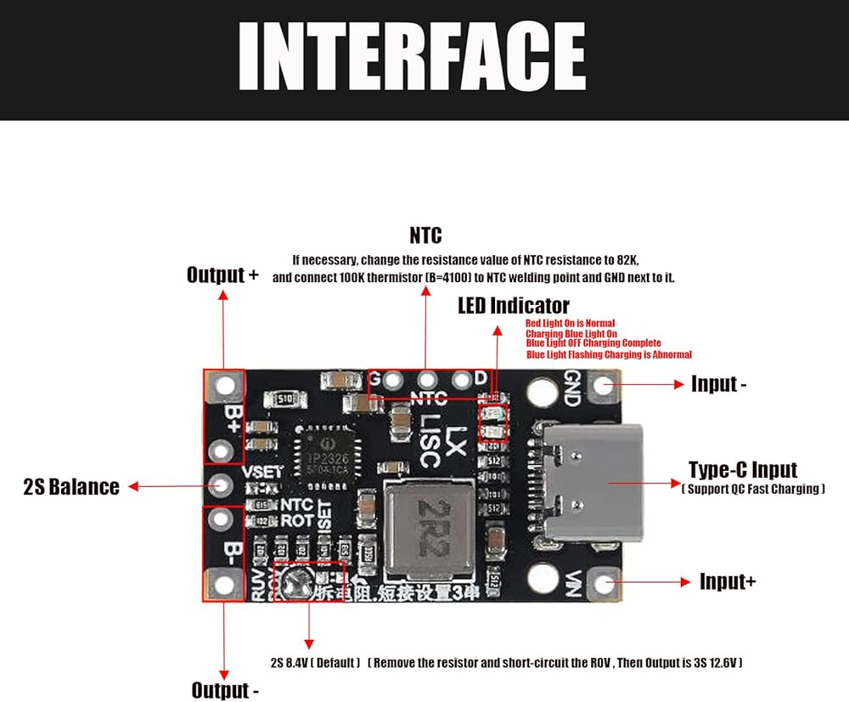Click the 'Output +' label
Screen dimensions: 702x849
click(222, 275)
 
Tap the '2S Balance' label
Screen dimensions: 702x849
click(71, 487)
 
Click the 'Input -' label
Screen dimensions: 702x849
click(718, 384)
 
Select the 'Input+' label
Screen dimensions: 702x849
click(728, 581)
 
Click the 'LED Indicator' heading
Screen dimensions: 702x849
click(514, 305)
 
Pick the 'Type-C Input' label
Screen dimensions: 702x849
click(743, 470)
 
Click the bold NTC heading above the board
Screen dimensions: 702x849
click(425, 235)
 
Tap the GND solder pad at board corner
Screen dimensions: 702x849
click(604, 385)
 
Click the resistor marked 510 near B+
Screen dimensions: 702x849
click(280, 398)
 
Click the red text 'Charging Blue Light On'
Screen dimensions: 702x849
click(571, 334)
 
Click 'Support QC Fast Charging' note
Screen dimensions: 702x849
click(753, 489)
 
